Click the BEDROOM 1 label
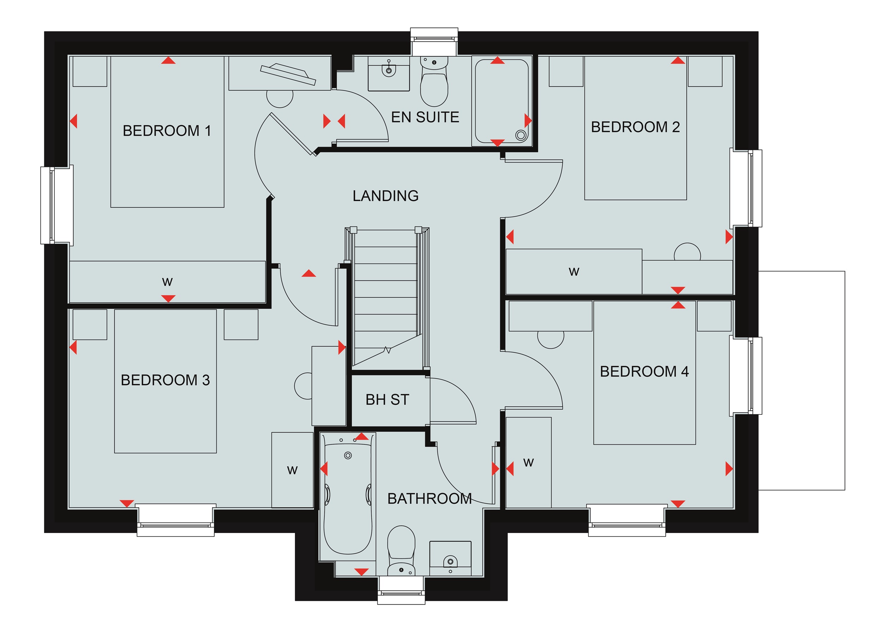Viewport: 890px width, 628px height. pos(167,131)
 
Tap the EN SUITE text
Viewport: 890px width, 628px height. pos(425,117)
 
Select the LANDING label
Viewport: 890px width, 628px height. pos(386,196)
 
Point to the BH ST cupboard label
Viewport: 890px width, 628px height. pos(387,399)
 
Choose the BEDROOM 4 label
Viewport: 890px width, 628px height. pos(644,371)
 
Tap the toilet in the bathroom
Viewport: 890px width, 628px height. pos(401,550)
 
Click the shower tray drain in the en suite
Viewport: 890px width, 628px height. pos(521,135)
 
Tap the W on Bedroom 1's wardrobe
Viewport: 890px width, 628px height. pos(167,282)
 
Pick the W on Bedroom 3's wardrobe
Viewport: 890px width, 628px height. pos(292,470)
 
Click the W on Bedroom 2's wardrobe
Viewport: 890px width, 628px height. pos(574,272)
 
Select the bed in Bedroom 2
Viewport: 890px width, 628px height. pos(635,128)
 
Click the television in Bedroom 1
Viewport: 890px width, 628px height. pos(288,74)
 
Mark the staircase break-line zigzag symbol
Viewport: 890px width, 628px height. pos(387,350)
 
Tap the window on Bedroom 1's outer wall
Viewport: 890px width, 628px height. pos(57,205)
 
